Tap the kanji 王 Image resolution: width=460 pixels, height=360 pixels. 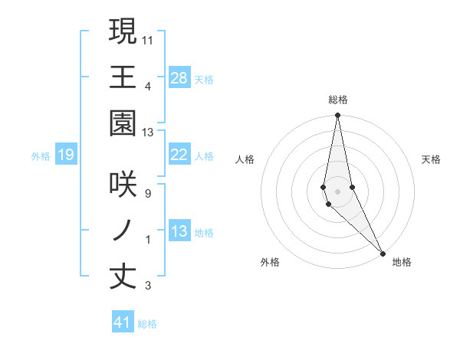[x=123, y=77]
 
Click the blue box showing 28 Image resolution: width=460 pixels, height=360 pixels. [x=179, y=77]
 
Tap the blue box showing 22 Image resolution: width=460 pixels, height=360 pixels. [x=179, y=155]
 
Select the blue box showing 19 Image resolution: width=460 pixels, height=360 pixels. [x=66, y=155]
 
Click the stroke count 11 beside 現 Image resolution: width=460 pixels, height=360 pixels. [x=148, y=39]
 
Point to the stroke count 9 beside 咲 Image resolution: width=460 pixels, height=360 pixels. [x=148, y=194]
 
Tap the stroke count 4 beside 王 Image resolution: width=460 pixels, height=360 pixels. [x=148, y=86]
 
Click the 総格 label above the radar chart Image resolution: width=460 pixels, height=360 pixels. [x=338, y=100]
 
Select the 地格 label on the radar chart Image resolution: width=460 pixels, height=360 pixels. [x=402, y=262]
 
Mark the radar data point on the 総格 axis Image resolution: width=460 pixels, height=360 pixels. [x=337, y=116]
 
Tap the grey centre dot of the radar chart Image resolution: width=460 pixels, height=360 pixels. [x=337, y=191]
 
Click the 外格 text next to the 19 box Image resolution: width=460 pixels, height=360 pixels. [x=41, y=156]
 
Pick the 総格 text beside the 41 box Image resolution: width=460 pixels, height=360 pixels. [x=147, y=324]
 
